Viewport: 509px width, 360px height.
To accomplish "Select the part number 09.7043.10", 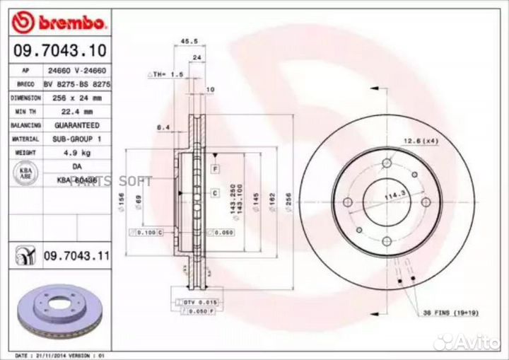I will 59,52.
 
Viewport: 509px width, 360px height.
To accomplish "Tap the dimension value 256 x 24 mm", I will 77,98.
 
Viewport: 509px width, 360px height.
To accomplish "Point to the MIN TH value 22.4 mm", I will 77,112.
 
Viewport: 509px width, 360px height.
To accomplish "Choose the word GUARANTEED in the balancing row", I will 77,125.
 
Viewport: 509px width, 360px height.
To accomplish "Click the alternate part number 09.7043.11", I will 76,255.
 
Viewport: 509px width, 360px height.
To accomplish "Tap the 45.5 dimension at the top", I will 189,42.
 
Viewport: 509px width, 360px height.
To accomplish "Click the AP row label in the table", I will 25,71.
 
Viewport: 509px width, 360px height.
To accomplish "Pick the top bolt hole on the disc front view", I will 386,164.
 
